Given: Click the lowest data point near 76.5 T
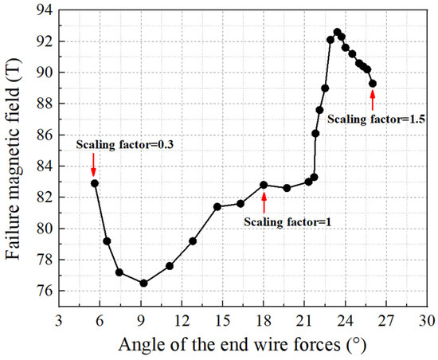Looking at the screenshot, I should (143, 283).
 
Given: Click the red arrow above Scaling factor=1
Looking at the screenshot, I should (264, 202).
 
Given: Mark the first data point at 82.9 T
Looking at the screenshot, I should (95, 183).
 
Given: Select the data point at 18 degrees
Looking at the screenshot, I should (264, 185).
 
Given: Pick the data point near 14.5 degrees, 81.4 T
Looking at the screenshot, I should (217, 206).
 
